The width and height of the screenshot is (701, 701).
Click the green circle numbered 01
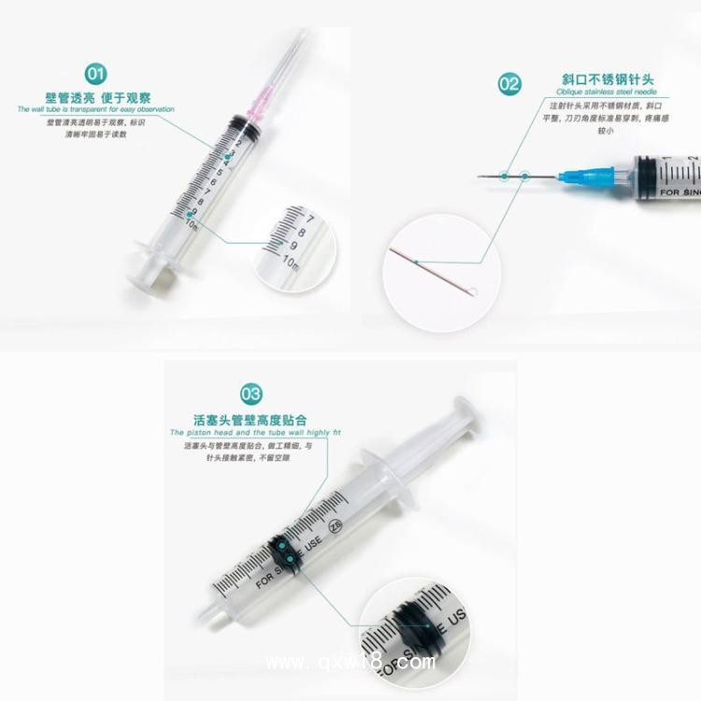(x=96, y=74)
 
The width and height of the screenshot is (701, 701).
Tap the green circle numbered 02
(x=509, y=85)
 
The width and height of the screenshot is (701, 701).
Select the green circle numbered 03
(x=250, y=393)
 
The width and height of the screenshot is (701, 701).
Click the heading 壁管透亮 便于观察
(x=98, y=97)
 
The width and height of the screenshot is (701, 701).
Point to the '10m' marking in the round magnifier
(x=291, y=258)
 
